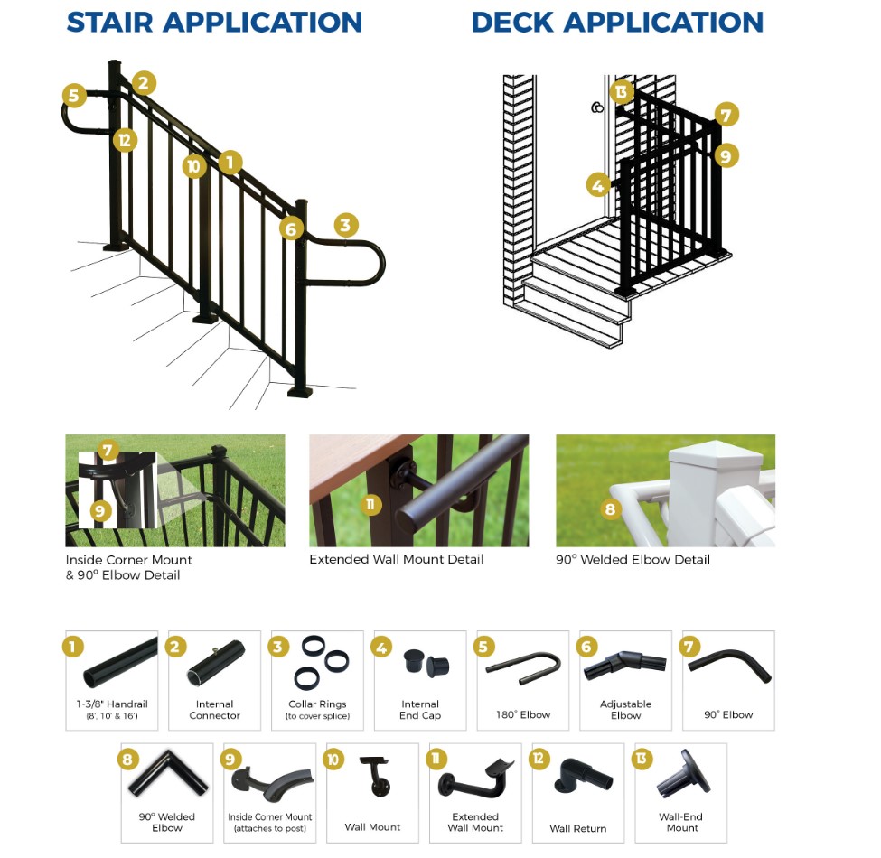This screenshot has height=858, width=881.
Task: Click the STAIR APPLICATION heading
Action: (x=214, y=22)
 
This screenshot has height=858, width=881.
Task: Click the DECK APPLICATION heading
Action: (x=617, y=22)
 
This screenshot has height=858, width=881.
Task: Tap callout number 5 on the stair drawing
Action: (x=74, y=95)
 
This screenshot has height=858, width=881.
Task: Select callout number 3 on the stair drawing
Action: (x=346, y=225)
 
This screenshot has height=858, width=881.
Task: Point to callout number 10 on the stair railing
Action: (x=193, y=165)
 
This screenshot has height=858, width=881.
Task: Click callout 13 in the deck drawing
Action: (x=621, y=91)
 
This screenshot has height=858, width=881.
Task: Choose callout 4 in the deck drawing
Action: (x=597, y=186)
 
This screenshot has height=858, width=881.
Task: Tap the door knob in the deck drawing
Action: (x=597, y=108)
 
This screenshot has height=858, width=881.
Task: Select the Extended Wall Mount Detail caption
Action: (x=396, y=559)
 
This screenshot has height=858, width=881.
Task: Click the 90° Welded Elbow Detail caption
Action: (x=633, y=559)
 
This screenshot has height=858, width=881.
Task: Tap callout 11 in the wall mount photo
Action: (x=370, y=504)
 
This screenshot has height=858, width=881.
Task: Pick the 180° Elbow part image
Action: (x=523, y=667)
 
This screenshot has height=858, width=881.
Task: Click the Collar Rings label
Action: (x=317, y=704)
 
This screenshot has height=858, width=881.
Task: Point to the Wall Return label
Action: (x=577, y=828)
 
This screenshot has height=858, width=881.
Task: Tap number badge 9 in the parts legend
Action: (x=231, y=759)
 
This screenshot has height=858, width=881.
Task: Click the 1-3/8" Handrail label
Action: (x=111, y=704)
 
